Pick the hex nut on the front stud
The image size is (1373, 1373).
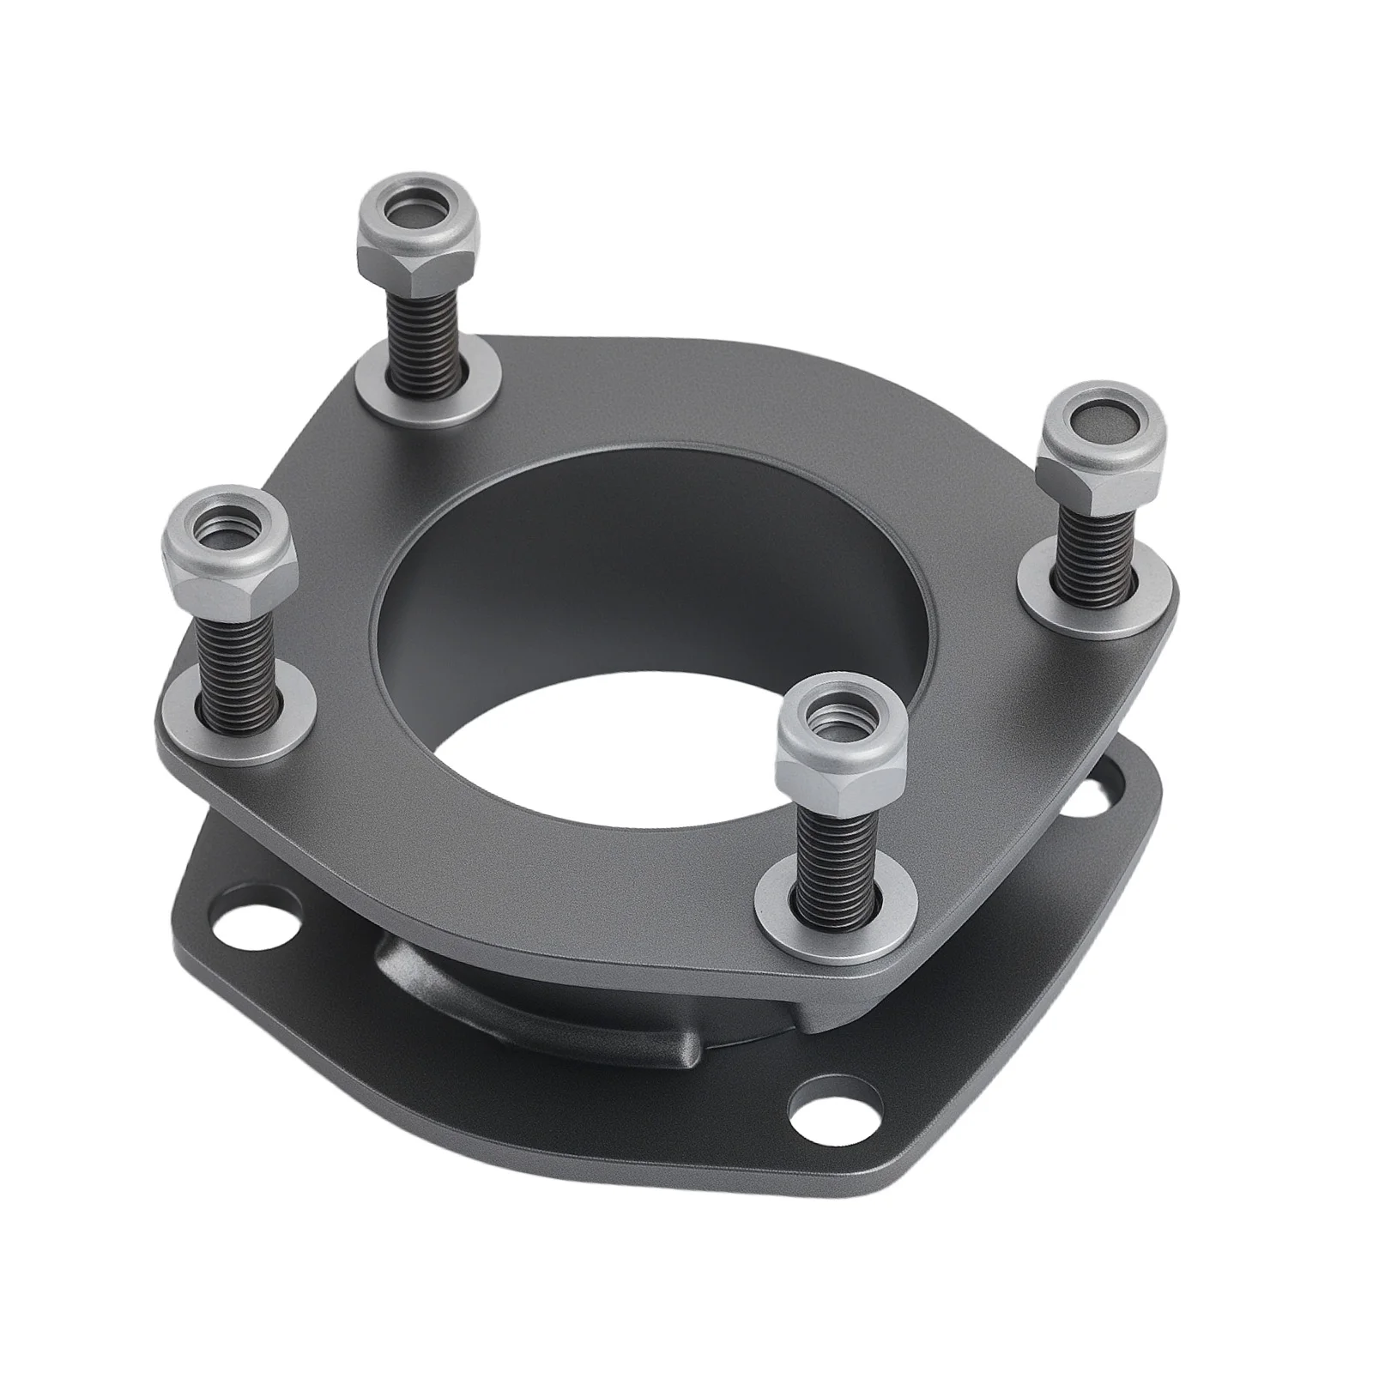click(839, 743)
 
